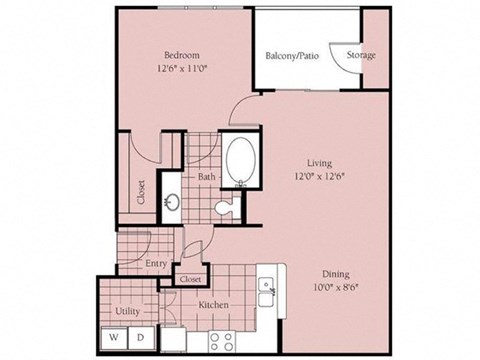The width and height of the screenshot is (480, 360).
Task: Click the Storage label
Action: pos(361,55)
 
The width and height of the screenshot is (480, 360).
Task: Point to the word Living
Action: pos(320,162)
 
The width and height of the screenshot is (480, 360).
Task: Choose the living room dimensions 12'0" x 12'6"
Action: pos(320,177)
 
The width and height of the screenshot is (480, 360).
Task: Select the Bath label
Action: pos(207,178)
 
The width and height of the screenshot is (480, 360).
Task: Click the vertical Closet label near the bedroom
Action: pos(141,192)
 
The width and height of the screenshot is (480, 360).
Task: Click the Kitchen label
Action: pos(214,304)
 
